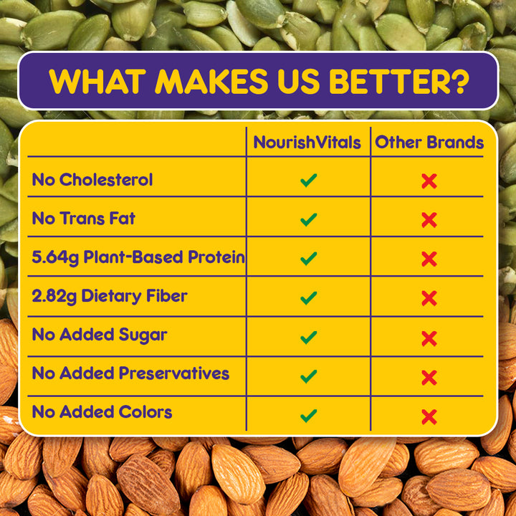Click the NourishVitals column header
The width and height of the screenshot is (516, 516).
pos(307,143)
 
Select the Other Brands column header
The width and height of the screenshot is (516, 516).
pos(429,143)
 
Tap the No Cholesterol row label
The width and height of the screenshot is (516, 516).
pos(92,180)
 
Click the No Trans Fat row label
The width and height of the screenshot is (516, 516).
pos(84,219)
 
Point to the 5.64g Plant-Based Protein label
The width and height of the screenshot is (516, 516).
pos(138,257)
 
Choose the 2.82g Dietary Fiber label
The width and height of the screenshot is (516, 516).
pos(110,296)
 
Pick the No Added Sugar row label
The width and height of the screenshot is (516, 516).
pos(100,335)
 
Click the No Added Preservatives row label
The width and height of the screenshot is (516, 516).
pos(130,373)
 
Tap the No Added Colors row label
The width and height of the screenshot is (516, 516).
pos(102,412)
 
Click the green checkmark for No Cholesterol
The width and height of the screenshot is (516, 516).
pos(309,181)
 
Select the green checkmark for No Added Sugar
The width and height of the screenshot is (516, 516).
pos(309,338)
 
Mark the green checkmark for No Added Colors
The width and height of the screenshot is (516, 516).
pos(309,416)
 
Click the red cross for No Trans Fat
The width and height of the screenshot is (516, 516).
pos(429,220)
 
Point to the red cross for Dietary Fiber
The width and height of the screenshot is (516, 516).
pos(429,298)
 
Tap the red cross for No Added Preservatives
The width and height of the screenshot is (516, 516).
pos(429,378)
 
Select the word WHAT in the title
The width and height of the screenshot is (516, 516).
pos(97,81)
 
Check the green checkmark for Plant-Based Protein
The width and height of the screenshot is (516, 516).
pos(309,259)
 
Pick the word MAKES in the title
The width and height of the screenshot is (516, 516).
pos(211,81)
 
